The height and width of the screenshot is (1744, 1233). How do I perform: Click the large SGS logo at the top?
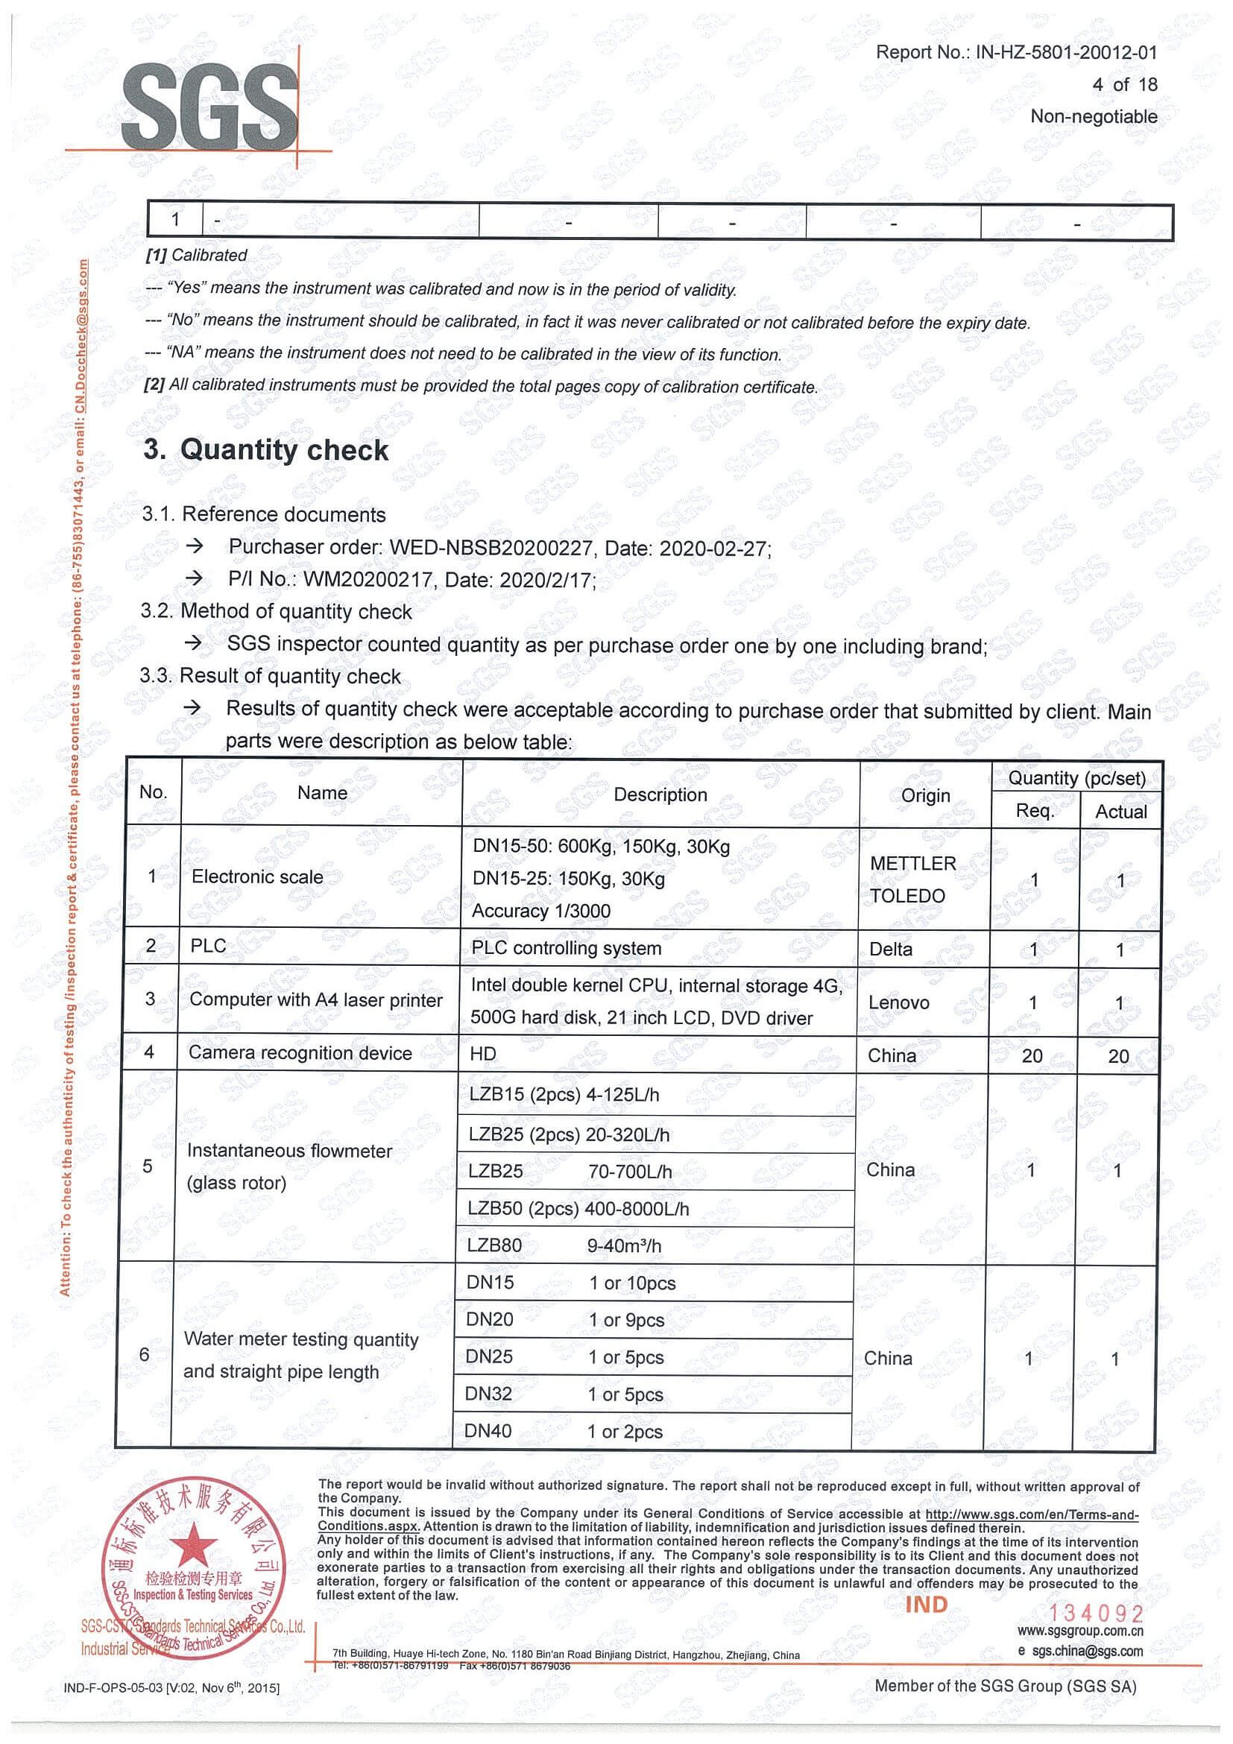click(x=210, y=107)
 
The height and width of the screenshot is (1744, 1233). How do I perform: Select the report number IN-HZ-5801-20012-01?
click(x=1066, y=52)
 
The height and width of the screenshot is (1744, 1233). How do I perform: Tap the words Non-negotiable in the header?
click(x=1093, y=116)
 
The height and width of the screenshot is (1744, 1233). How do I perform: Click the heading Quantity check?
click(x=283, y=449)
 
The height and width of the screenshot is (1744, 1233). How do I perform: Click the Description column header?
click(x=660, y=794)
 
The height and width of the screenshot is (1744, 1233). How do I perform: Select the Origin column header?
click(x=925, y=795)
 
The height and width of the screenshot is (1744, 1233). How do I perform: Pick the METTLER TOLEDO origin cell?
click(x=912, y=879)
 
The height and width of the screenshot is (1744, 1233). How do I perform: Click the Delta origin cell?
click(x=890, y=949)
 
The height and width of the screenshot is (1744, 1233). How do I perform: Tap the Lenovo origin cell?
click(x=899, y=1002)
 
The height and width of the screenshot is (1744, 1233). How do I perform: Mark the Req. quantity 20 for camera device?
click(x=1032, y=1056)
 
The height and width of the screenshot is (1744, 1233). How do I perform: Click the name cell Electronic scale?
click(x=256, y=876)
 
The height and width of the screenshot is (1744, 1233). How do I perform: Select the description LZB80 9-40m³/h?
click(x=564, y=1245)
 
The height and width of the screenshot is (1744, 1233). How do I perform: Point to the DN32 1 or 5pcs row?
click(x=564, y=1394)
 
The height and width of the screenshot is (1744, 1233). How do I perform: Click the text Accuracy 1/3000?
click(x=541, y=911)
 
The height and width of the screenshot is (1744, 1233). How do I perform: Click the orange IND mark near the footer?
click(x=926, y=1604)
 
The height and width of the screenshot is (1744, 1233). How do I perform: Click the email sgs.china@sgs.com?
click(x=1086, y=1651)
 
